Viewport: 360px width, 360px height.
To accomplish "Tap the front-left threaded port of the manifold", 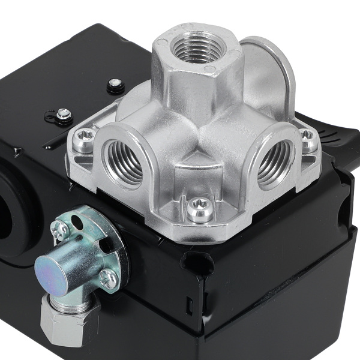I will point(123,161).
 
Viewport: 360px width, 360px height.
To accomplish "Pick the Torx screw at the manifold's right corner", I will point(308,139).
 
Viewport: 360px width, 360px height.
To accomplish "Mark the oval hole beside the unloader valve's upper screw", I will point(77,223).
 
